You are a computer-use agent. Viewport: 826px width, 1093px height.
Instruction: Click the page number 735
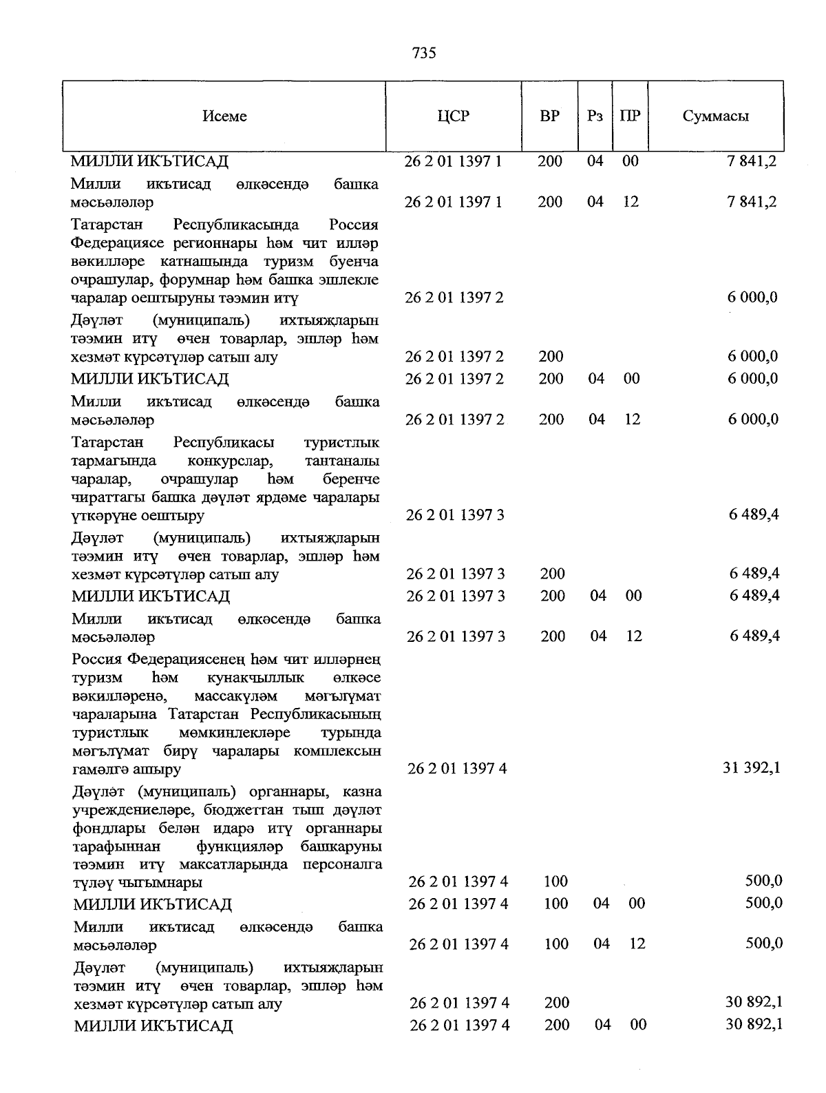(x=424, y=53)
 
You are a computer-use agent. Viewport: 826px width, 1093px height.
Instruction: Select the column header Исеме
(x=224, y=116)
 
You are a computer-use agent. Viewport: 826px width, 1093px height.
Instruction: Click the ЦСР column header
(x=453, y=116)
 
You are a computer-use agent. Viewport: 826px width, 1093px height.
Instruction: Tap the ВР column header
(x=549, y=116)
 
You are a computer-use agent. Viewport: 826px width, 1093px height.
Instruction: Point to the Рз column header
(x=595, y=116)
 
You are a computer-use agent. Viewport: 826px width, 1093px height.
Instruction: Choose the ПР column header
(x=630, y=116)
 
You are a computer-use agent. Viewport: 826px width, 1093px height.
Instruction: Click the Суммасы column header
(x=716, y=116)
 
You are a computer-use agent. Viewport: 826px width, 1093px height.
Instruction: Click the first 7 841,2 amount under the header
(x=752, y=162)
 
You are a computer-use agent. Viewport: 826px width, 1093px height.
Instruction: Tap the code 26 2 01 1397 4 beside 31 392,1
(x=458, y=769)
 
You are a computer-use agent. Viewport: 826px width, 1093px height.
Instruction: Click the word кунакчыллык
(x=255, y=678)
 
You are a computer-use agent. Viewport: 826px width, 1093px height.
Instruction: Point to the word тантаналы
(x=341, y=461)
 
